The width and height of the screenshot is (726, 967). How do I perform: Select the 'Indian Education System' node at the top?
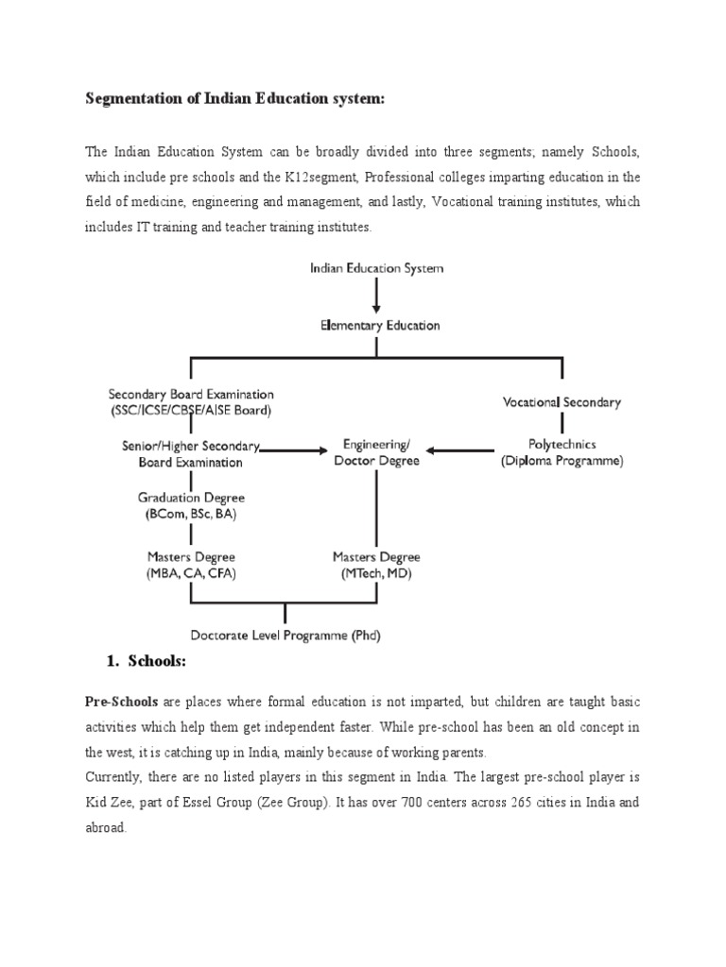click(x=376, y=268)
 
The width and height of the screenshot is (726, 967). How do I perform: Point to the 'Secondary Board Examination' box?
click(x=191, y=401)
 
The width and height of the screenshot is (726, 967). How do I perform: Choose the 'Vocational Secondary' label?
click(x=561, y=402)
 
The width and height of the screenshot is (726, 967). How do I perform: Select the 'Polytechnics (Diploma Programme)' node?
click(x=562, y=452)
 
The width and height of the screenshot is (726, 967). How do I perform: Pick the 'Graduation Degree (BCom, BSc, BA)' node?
click(x=191, y=504)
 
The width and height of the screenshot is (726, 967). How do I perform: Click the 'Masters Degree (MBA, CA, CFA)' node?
click(x=191, y=565)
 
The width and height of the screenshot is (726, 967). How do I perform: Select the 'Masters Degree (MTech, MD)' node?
click(x=376, y=565)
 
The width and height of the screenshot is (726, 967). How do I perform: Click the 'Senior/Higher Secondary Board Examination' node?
click(x=191, y=453)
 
